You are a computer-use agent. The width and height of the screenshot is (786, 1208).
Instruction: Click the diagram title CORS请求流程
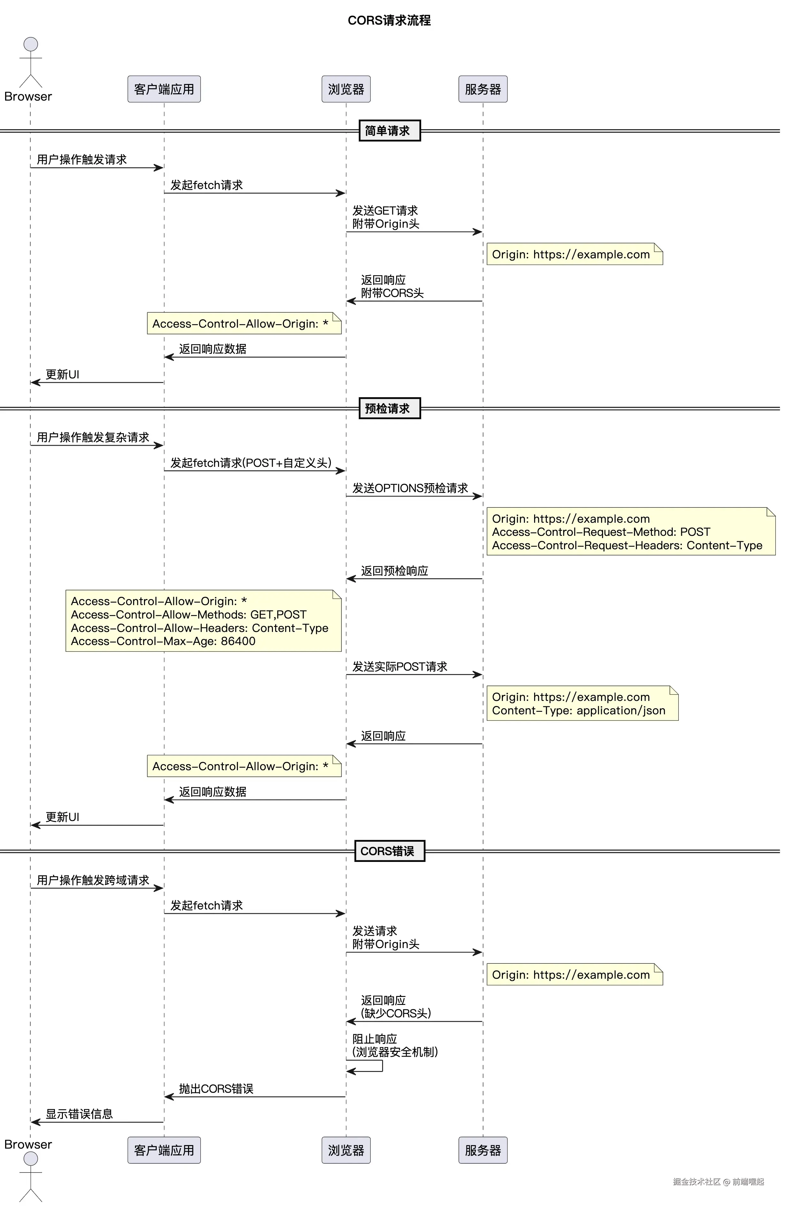tap(389, 20)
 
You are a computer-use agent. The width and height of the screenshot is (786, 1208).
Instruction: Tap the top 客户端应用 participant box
tap(164, 89)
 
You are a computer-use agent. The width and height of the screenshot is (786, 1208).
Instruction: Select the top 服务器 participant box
tap(483, 89)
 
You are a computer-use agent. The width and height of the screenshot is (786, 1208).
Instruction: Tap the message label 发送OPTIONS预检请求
tap(410, 488)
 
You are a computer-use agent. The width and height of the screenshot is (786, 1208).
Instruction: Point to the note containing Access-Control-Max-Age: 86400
tap(203, 621)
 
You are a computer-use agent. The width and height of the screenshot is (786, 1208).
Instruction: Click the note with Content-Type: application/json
tap(582, 703)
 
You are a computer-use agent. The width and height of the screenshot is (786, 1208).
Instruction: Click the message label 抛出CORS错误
tap(216, 1089)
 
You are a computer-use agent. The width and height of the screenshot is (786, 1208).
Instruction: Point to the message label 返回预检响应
tap(394, 571)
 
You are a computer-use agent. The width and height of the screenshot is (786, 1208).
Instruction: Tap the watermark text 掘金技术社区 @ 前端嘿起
tap(718, 1181)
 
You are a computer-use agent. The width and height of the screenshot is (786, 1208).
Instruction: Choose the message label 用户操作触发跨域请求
tap(93, 880)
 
